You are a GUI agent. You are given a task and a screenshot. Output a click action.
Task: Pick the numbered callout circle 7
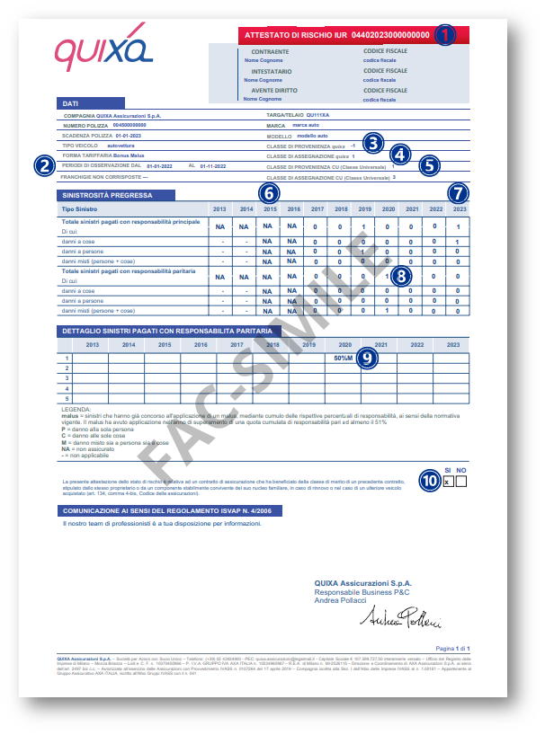(460, 191)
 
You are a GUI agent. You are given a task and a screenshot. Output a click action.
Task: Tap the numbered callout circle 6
(268, 191)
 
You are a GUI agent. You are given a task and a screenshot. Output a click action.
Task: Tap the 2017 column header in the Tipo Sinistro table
(316, 209)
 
